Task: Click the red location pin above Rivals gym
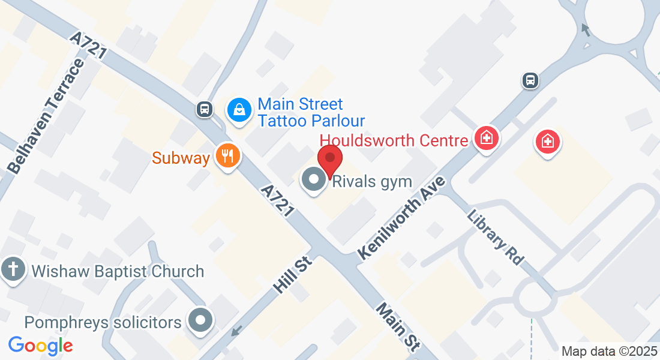pyautogui.click(x=330, y=160)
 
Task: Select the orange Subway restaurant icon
pyautogui.click(x=227, y=157)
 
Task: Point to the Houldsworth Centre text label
pyautogui.click(x=394, y=140)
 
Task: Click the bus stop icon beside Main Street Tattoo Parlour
pyautogui.click(x=205, y=109)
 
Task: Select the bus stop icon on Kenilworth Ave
pyautogui.click(x=530, y=80)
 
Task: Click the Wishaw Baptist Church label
pyautogui.click(x=118, y=271)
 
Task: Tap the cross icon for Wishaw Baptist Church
pyautogui.click(x=13, y=269)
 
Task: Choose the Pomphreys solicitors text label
pyautogui.click(x=103, y=323)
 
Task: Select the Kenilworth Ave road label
pyautogui.click(x=403, y=218)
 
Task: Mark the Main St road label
pyautogui.click(x=397, y=327)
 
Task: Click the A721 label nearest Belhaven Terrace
pyautogui.click(x=88, y=46)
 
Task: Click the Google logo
pyautogui.click(x=41, y=346)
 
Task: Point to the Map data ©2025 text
pyautogui.click(x=609, y=351)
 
